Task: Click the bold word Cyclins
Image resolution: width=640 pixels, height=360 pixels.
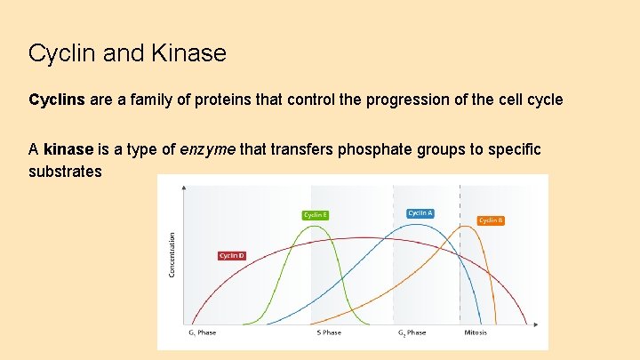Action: coord(57,100)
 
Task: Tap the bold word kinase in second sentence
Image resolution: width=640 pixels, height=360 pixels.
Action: coord(68,149)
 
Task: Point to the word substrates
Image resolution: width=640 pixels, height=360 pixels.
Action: coord(65,170)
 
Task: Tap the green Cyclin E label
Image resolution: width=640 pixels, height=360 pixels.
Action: coord(315,214)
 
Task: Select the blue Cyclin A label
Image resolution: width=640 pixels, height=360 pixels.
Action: coord(420,212)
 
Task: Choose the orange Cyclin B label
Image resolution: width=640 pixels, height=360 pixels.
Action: coord(491,220)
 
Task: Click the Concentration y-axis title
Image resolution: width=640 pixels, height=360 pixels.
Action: coord(172,254)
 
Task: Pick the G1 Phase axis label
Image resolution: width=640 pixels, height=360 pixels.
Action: coord(202,332)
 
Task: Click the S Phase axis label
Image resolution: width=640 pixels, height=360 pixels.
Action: coord(329,332)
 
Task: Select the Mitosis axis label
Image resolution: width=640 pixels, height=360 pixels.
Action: coord(476,332)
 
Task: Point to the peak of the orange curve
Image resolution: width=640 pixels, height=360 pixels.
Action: coord(470,226)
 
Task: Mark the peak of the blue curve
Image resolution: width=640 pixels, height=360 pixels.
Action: coord(418,223)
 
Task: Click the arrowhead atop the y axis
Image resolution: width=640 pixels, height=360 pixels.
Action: coord(184,188)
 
